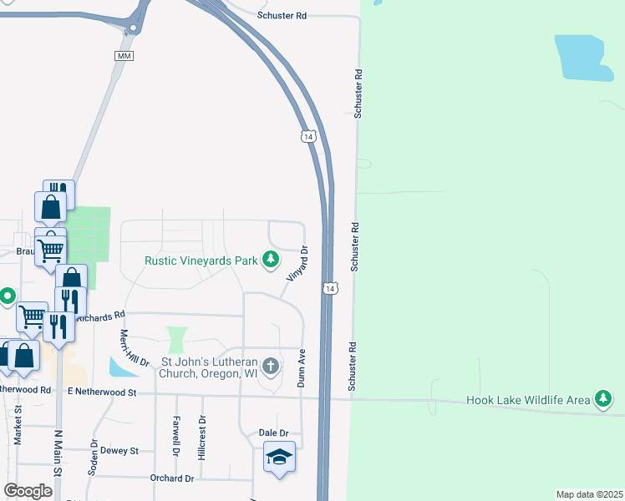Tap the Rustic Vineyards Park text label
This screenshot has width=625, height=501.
pos(201,261)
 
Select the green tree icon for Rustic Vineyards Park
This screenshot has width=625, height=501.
pos(271,261)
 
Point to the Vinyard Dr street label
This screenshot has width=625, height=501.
pos(298,264)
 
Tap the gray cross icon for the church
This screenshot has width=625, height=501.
pos(271,366)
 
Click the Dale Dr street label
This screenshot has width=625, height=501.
pos(273,433)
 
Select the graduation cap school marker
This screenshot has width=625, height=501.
pos(279,457)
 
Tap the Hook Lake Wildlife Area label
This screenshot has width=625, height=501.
pos(527,400)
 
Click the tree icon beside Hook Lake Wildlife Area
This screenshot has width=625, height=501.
pos(602,399)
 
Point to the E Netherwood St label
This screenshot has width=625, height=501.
pos(101,391)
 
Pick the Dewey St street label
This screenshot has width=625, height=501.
pos(119,450)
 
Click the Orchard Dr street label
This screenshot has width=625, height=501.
pos(172,478)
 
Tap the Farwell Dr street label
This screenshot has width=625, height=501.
pos(176,436)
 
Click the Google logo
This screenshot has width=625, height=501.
pos(28,491)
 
